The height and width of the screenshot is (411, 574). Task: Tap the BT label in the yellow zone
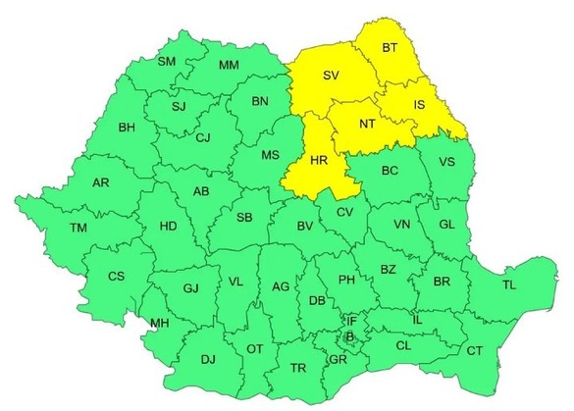pos(391,47)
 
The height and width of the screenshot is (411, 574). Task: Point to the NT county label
pos(367,125)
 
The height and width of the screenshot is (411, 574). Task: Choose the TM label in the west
pos(78,228)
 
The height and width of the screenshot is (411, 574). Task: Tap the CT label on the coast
pos(474,350)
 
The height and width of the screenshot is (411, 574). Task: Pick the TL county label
pos(508,285)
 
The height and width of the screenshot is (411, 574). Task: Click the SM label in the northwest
pos(167,62)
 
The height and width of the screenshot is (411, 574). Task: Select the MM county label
pos(229,66)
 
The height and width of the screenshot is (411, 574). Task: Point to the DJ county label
pos(207,360)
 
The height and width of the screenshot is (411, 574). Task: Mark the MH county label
pos(158,324)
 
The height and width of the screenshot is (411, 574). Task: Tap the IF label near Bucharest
pos(351,321)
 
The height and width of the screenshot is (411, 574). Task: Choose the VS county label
pos(446,162)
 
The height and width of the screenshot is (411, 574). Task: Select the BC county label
pos(390,171)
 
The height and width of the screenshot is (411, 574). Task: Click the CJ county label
pos(203,138)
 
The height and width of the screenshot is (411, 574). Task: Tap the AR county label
pos(100,183)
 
